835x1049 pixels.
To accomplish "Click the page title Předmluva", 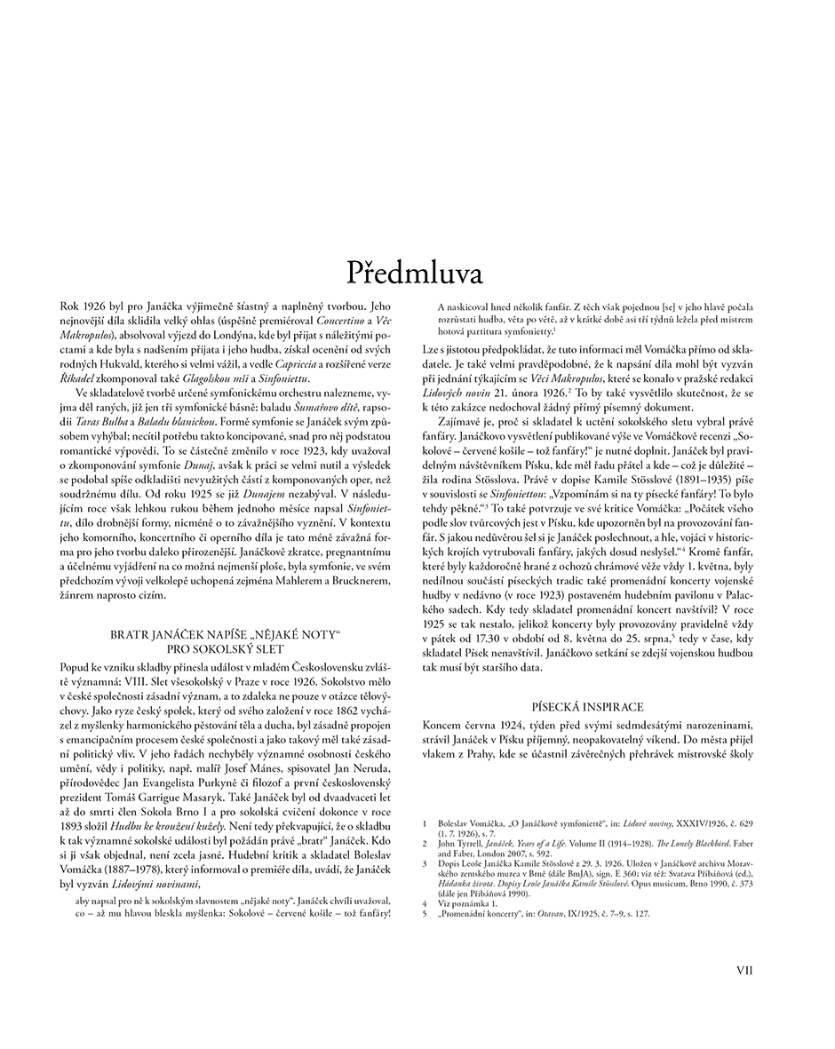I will click(417, 272).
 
